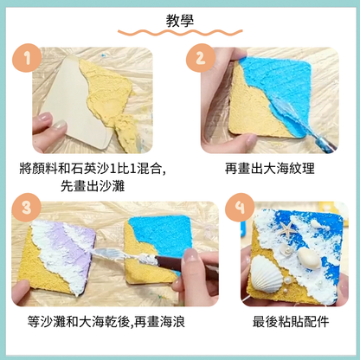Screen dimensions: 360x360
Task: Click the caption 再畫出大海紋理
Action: point(267,170)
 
